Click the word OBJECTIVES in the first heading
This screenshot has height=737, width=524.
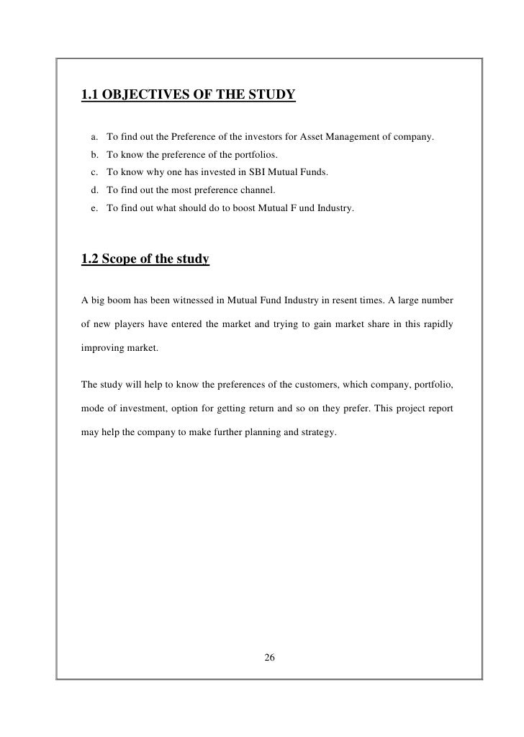pyautogui.click(x=145, y=94)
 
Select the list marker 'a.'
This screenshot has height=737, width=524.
pyautogui.click(x=95, y=137)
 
